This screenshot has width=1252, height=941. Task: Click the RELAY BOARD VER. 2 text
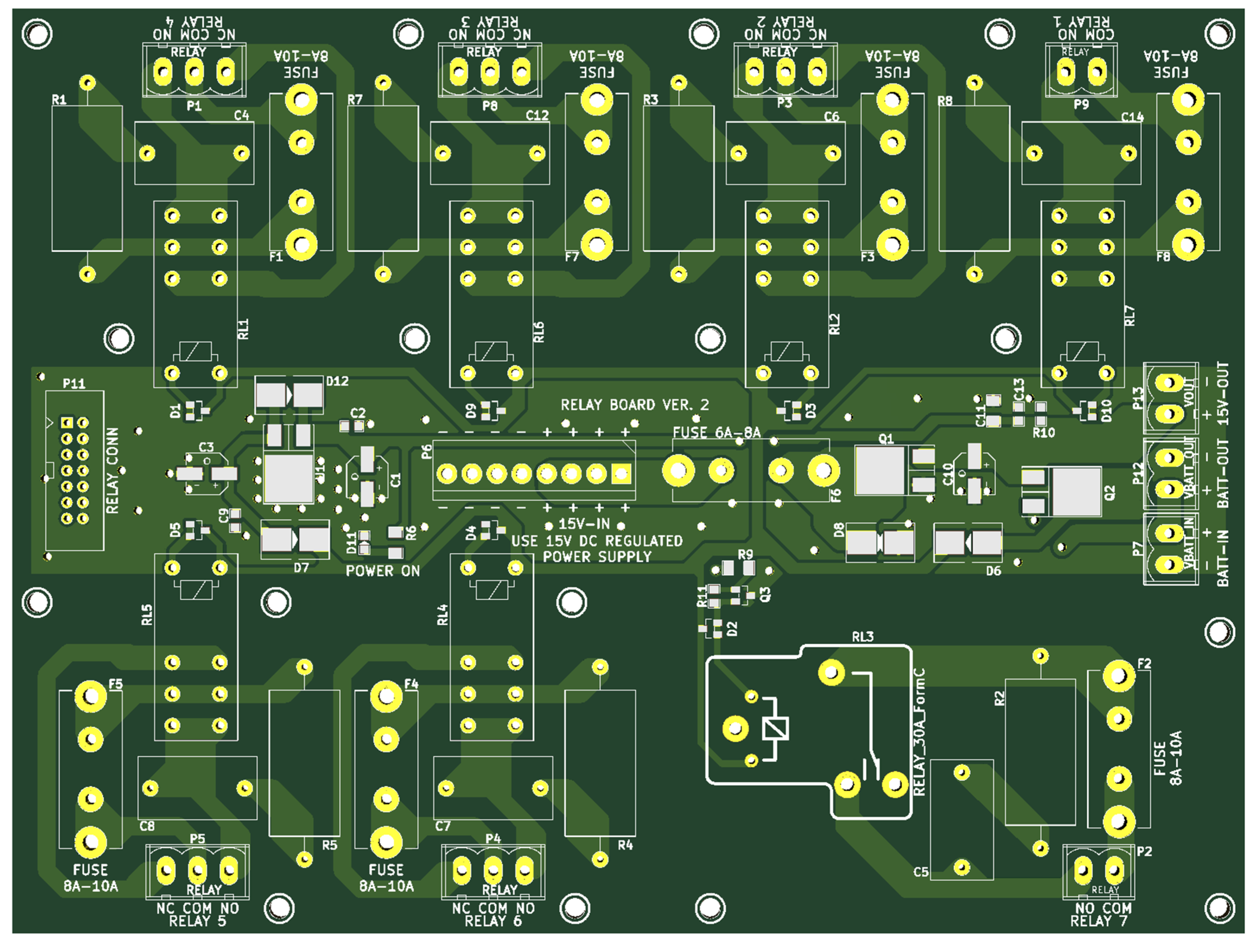pos(634,405)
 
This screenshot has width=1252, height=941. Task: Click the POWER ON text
pos(383,571)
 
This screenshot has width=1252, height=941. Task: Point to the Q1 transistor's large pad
pos(879,470)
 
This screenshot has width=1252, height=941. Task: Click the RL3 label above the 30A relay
pos(863,637)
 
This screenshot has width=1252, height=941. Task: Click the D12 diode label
pos(337,381)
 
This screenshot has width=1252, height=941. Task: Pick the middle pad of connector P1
pos(194,72)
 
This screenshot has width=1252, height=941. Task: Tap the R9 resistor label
pos(746,555)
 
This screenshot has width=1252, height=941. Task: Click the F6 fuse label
pos(836,495)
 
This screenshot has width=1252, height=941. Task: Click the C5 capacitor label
pos(921,872)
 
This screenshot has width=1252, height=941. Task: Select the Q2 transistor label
pos(1109,492)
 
